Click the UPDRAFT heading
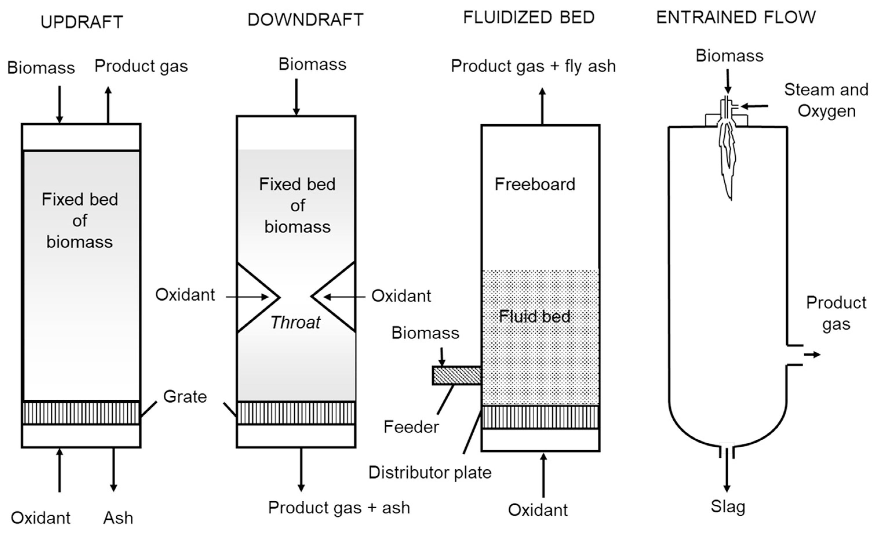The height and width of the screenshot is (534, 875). pos(82,22)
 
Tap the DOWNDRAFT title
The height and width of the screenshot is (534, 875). pos(305,20)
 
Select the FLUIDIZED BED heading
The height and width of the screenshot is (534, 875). pos(529,17)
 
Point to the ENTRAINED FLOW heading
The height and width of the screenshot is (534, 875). pos(736,17)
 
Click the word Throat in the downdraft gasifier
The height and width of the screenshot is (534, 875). pos(295,323)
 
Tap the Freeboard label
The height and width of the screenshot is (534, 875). pos(535,184)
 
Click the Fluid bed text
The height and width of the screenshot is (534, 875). pos(535,316)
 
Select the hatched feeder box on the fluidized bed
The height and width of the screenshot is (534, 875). pos(457,375)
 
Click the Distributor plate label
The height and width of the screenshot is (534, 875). pos(430,473)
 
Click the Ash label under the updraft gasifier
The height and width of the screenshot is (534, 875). pos(118,518)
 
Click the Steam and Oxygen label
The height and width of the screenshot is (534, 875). pos(826,100)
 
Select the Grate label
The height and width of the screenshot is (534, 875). pos(185,397)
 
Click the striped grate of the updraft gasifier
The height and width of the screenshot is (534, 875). pos(81,413)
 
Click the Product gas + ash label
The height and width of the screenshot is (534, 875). pos(339,507)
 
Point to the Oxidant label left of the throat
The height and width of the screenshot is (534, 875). pos(185,295)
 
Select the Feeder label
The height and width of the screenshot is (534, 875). pos(411,427)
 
